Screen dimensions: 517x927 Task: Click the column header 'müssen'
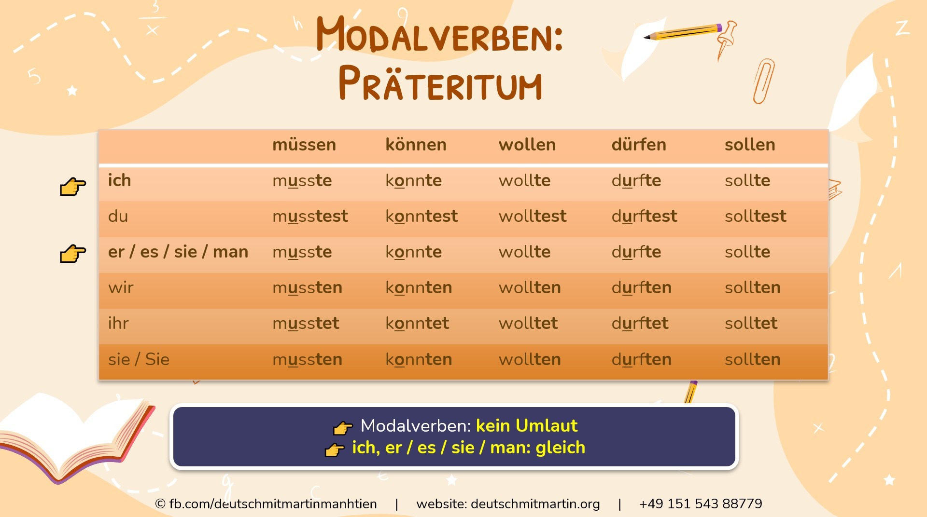click(x=304, y=145)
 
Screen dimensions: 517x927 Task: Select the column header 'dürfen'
click(x=638, y=145)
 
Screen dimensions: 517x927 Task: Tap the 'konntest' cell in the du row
click(x=421, y=216)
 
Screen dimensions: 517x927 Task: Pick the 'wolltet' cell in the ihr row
click(x=528, y=323)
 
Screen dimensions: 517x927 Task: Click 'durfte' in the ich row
click(x=636, y=180)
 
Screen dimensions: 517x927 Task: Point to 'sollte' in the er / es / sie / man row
click(x=747, y=252)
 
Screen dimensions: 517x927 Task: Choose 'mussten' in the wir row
click(x=307, y=287)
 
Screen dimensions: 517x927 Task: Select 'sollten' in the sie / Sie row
click(x=752, y=359)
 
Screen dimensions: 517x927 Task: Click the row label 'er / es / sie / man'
click(x=178, y=252)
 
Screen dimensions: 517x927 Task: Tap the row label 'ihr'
click(x=118, y=323)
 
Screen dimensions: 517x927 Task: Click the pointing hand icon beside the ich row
click(x=72, y=186)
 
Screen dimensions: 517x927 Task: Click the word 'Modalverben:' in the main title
click(x=439, y=35)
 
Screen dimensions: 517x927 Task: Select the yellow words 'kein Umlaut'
click(x=526, y=425)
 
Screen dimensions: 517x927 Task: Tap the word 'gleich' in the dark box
click(x=560, y=448)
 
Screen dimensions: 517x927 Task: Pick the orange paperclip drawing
click(x=763, y=81)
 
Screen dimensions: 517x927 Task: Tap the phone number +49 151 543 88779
click(x=700, y=503)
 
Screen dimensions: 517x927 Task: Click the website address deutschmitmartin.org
click(x=535, y=503)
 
